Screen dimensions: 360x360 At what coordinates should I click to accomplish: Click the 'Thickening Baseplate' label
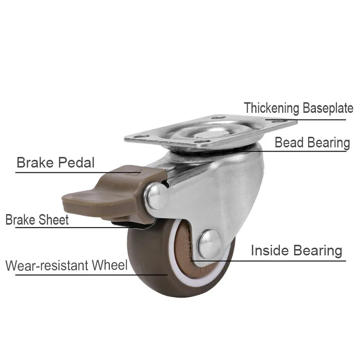pos(299,108)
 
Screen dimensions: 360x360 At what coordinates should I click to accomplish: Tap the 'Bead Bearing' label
pos(312,143)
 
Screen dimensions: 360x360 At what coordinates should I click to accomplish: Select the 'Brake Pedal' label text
pos(56,163)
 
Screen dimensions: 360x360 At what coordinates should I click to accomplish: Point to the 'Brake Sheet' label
pos(37,220)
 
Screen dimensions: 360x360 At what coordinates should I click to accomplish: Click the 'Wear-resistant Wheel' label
pos(67,265)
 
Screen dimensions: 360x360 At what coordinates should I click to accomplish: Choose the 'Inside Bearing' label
pos(296,251)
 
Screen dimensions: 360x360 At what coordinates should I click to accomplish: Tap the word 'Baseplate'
pos(328,108)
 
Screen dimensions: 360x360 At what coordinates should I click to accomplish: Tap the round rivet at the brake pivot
pos(157,197)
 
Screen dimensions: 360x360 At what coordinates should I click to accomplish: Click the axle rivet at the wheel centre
pos(210,244)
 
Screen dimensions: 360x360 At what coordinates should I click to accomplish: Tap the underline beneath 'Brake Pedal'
pos(72,172)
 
